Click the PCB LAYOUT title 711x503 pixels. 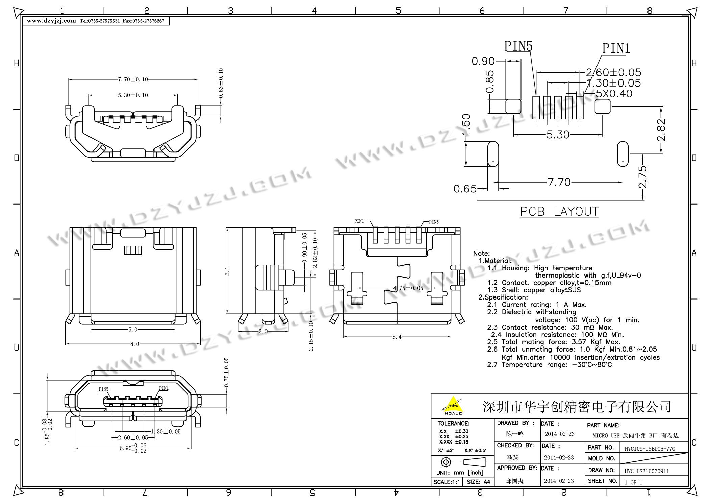coord(559,212)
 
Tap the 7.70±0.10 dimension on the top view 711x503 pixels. coord(133,79)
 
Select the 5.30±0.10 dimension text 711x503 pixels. coord(133,95)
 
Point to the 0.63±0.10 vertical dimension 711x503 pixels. coord(221,83)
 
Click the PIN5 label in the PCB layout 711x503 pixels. coord(518,46)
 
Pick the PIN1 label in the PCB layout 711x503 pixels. coord(616,48)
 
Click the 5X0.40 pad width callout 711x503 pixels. coord(614,94)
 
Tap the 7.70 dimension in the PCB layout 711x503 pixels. coord(559,183)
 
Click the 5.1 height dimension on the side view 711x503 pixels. coord(228,271)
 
